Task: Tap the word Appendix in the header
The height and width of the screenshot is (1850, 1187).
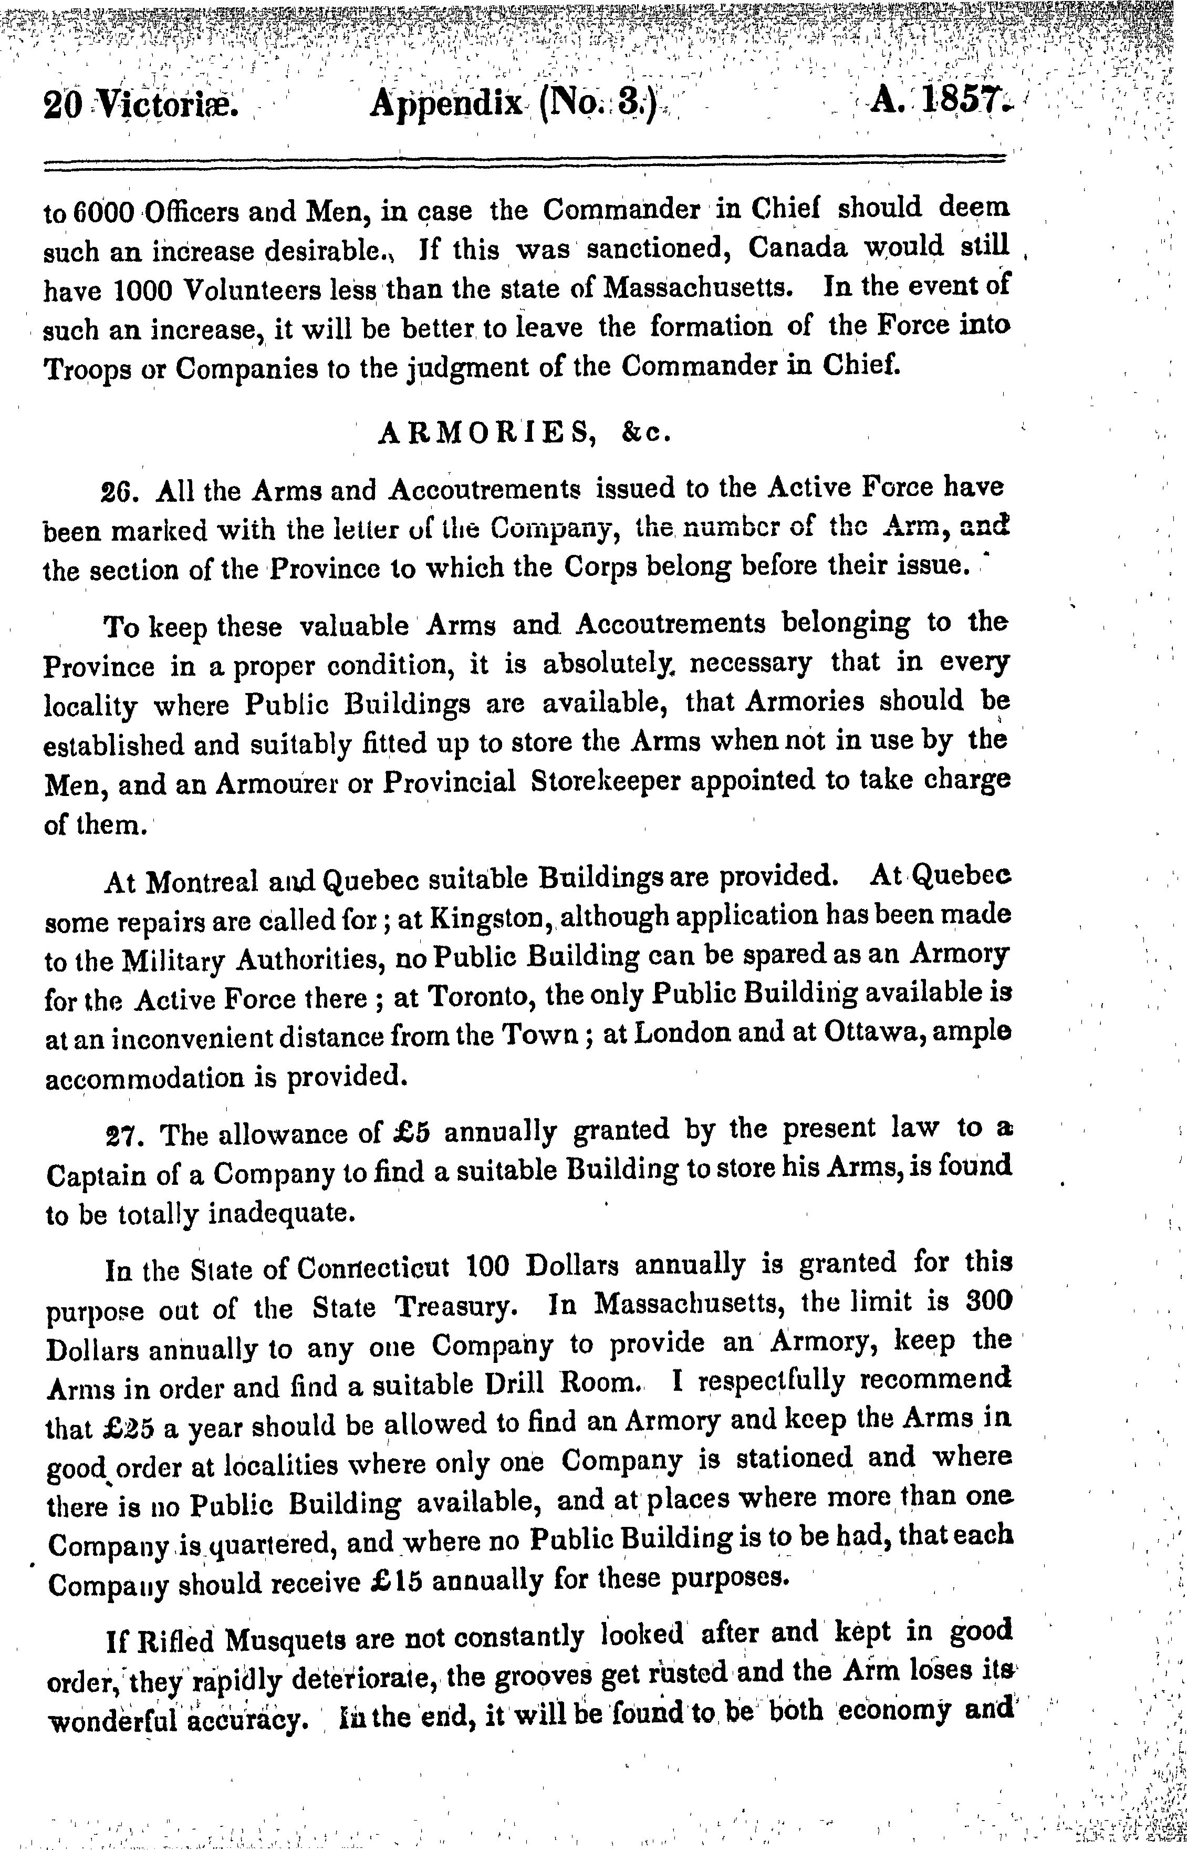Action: click(445, 104)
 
